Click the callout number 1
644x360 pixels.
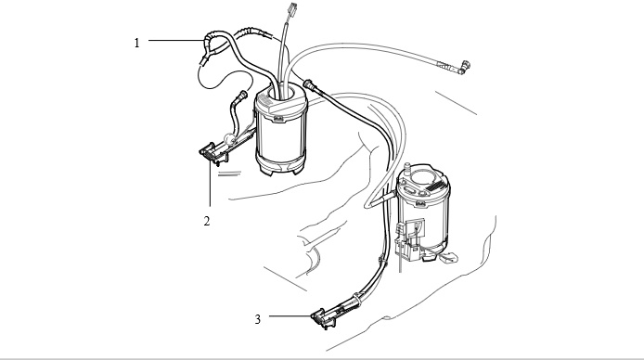(x=136, y=43)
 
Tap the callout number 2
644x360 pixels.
(x=207, y=221)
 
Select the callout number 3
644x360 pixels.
(x=258, y=319)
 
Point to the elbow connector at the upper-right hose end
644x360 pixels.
(x=464, y=67)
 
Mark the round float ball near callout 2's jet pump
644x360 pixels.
(x=228, y=139)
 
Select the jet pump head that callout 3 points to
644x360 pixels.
(x=323, y=318)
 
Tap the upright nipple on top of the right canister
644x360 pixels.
(x=406, y=168)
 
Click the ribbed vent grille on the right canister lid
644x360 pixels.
(x=436, y=186)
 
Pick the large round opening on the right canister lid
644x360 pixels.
(x=423, y=176)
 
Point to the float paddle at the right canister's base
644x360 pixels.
(x=448, y=258)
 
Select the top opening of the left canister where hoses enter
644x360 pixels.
(x=280, y=93)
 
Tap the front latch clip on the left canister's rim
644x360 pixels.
(x=277, y=119)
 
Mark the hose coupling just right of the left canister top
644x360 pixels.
(x=310, y=85)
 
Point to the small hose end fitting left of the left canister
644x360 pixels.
(x=241, y=96)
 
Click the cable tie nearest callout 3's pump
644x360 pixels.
(x=356, y=299)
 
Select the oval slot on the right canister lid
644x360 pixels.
(x=410, y=190)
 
